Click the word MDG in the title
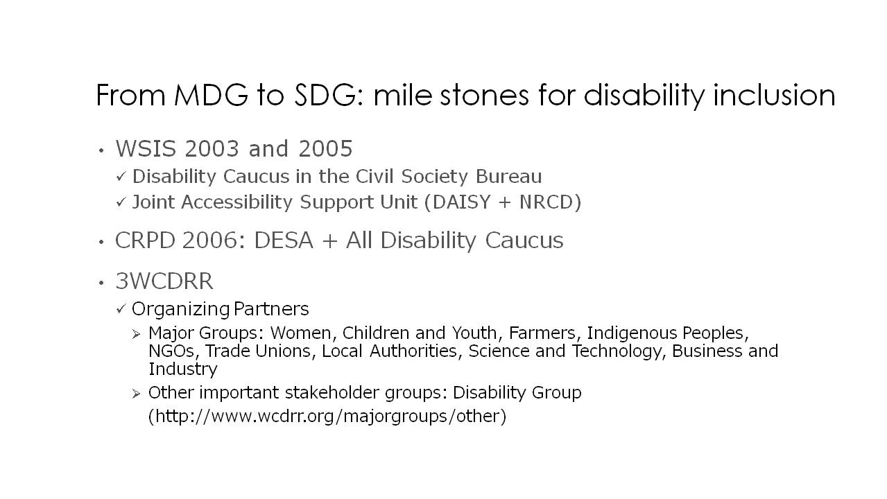point(211,96)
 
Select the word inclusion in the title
point(774,96)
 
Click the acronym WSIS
point(146,149)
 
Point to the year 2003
point(212,149)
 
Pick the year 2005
point(325,149)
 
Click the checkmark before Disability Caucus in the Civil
point(121,176)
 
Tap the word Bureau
point(509,177)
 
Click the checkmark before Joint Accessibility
point(121,202)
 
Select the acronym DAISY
point(461,202)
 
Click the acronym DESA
point(284,240)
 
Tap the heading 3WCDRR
point(164,281)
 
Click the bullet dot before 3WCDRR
point(101,283)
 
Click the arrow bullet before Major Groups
point(136,334)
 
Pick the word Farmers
point(542,333)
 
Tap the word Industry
point(183,369)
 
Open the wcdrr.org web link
point(327,417)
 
